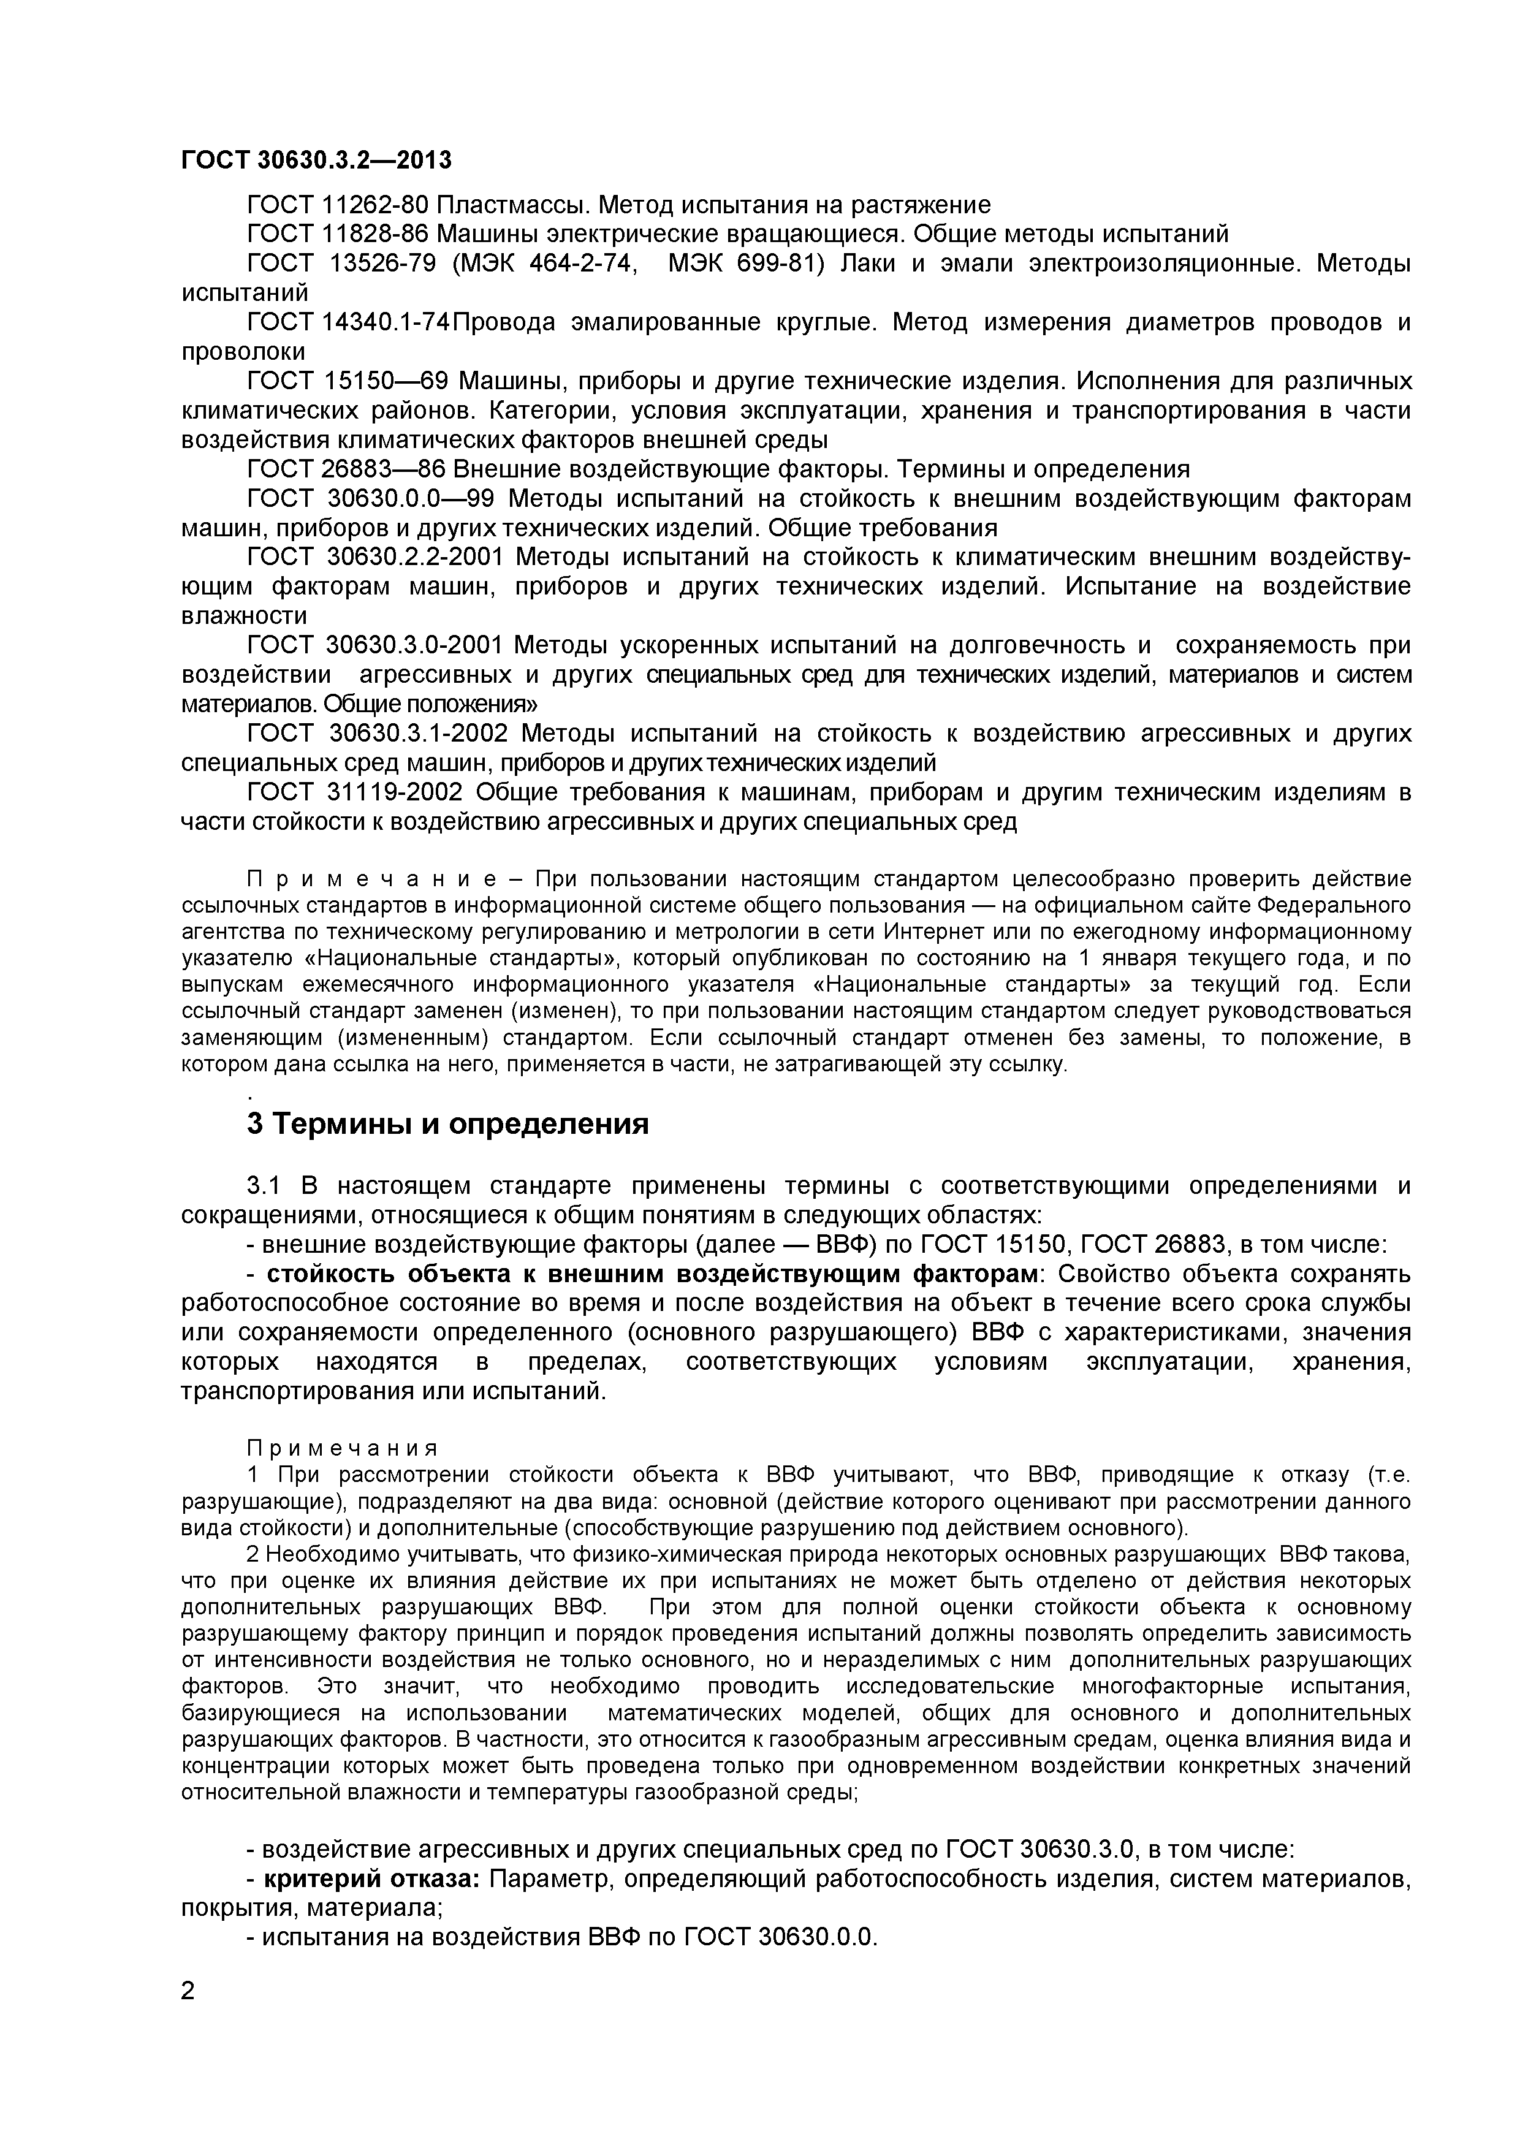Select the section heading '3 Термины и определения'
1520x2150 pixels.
[x=447, y=1123]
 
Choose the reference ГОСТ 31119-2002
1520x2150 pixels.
[x=354, y=792]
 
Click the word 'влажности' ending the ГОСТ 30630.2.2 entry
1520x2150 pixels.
[x=243, y=616]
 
